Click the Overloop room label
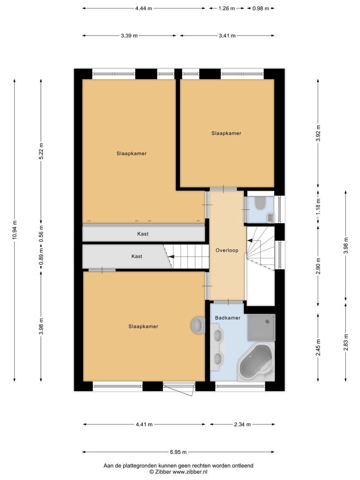[227, 250]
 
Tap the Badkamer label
[228, 318]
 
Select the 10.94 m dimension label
[14, 231]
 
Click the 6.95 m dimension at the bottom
[178, 452]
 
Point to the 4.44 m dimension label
[144, 8]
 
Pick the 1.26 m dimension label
[227, 8]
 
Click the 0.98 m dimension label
[260, 8]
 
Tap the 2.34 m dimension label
[242, 424]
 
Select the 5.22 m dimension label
[41, 151]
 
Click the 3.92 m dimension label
[318, 133]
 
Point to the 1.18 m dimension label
[318, 207]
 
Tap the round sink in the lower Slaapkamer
[198, 325]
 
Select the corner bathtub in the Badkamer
[256, 362]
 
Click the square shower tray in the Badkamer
[261, 327]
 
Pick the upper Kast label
[143, 234]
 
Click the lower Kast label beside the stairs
[136, 256]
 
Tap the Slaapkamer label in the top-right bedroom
[226, 133]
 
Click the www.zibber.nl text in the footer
[190, 472]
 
